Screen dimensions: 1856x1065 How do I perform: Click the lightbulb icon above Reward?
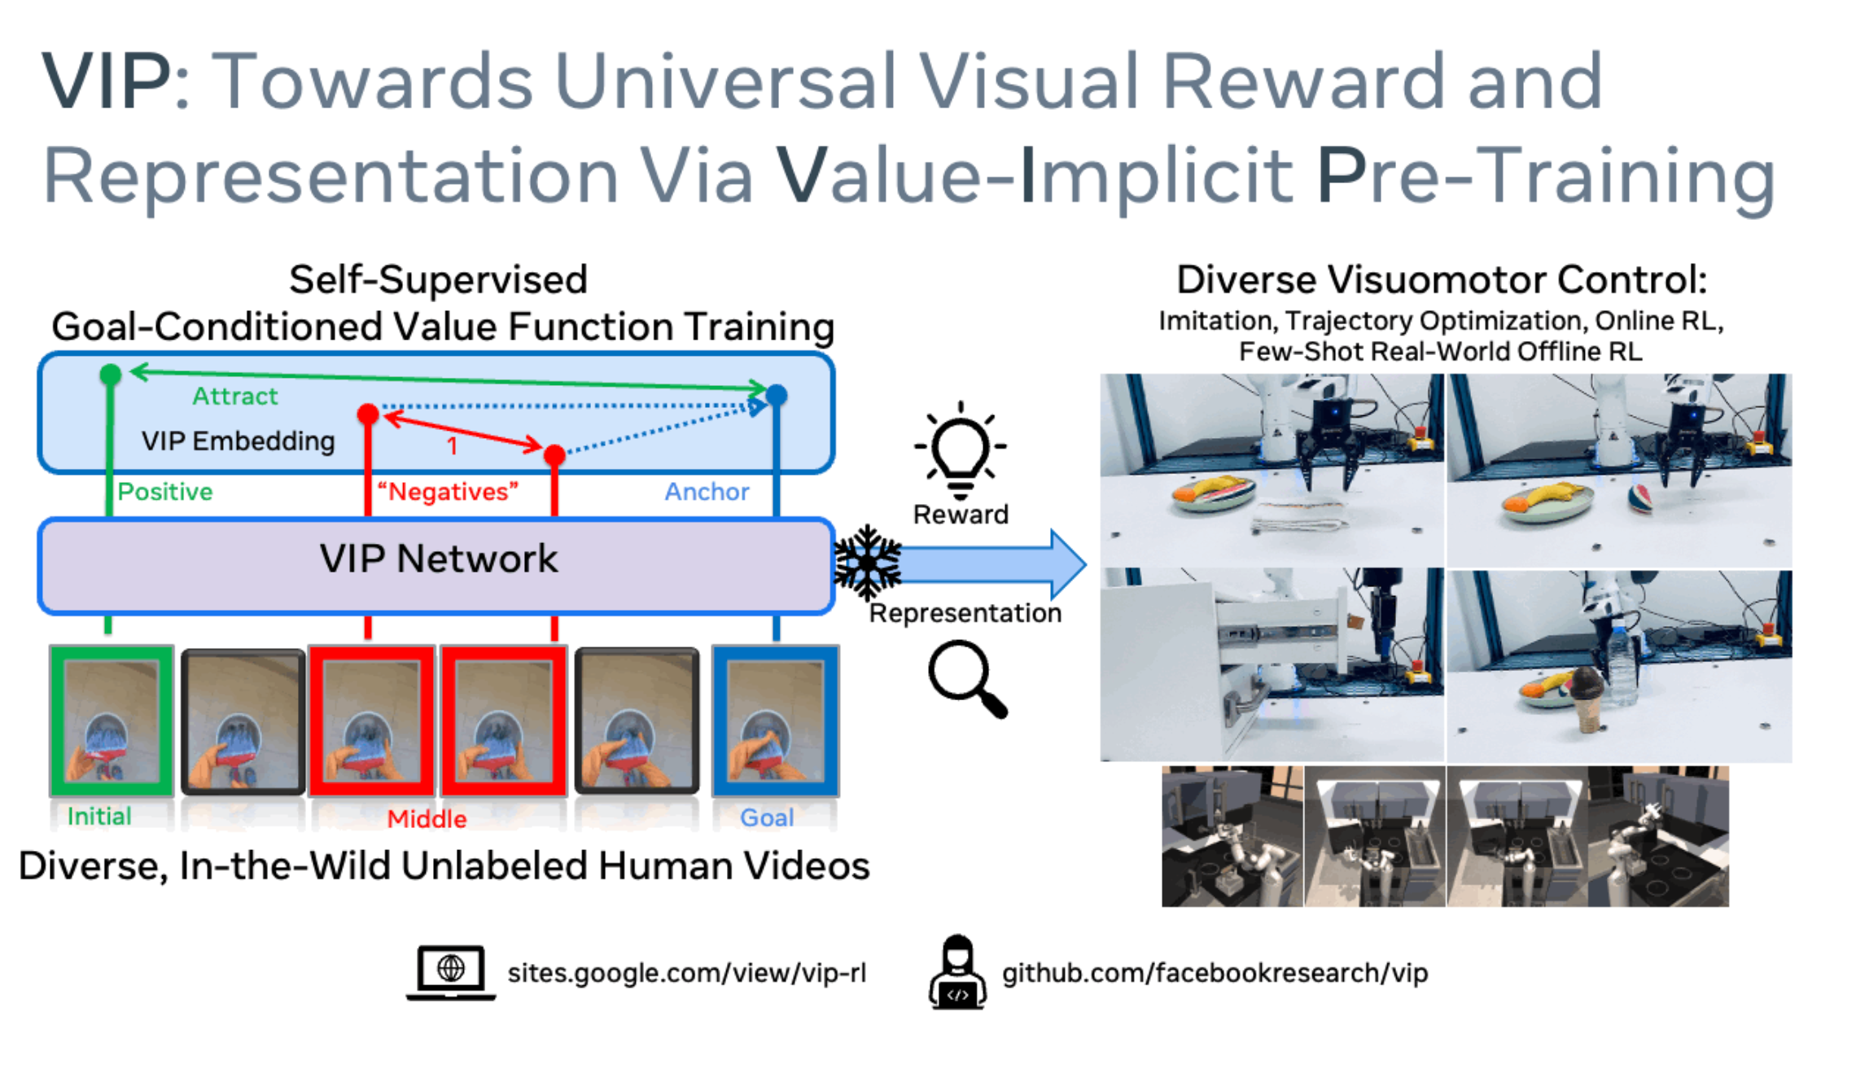coord(961,449)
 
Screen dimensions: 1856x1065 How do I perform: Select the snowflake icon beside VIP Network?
coord(869,562)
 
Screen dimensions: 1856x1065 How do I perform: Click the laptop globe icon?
coord(450,972)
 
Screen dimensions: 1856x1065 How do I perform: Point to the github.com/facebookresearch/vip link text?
coord(1215,973)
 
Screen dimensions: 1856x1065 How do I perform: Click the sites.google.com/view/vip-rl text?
coord(686,973)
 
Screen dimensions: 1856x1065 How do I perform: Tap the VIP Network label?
coord(438,559)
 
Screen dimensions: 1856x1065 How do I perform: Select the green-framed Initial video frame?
coord(112,720)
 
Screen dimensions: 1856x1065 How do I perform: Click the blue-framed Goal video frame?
coord(776,721)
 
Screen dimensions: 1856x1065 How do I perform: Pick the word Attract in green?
coord(235,397)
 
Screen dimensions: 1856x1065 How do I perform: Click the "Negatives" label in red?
coord(448,492)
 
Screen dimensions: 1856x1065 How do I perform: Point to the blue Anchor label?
coord(707,492)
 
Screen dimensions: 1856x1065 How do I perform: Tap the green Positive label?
coord(165,492)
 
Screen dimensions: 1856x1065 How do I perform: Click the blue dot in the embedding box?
coord(777,395)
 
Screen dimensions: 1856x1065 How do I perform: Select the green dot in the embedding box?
coord(110,375)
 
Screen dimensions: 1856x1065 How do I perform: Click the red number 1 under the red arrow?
coord(453,446)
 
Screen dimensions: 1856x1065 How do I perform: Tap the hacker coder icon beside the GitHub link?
coord(957,972)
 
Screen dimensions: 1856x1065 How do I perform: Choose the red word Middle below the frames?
coord(427,819)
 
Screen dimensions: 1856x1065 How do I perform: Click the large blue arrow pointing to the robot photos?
coord(993,563)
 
